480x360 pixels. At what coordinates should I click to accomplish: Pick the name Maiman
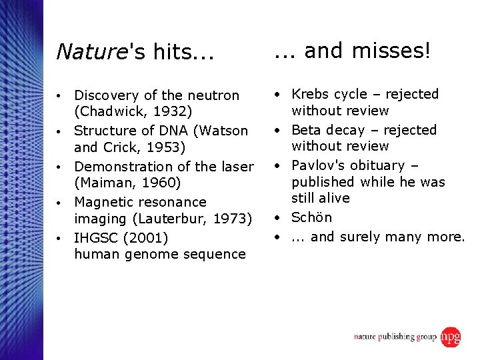[104, 183]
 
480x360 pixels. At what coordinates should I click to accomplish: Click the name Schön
[311, 217]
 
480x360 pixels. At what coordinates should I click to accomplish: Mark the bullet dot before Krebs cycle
[279, 95]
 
